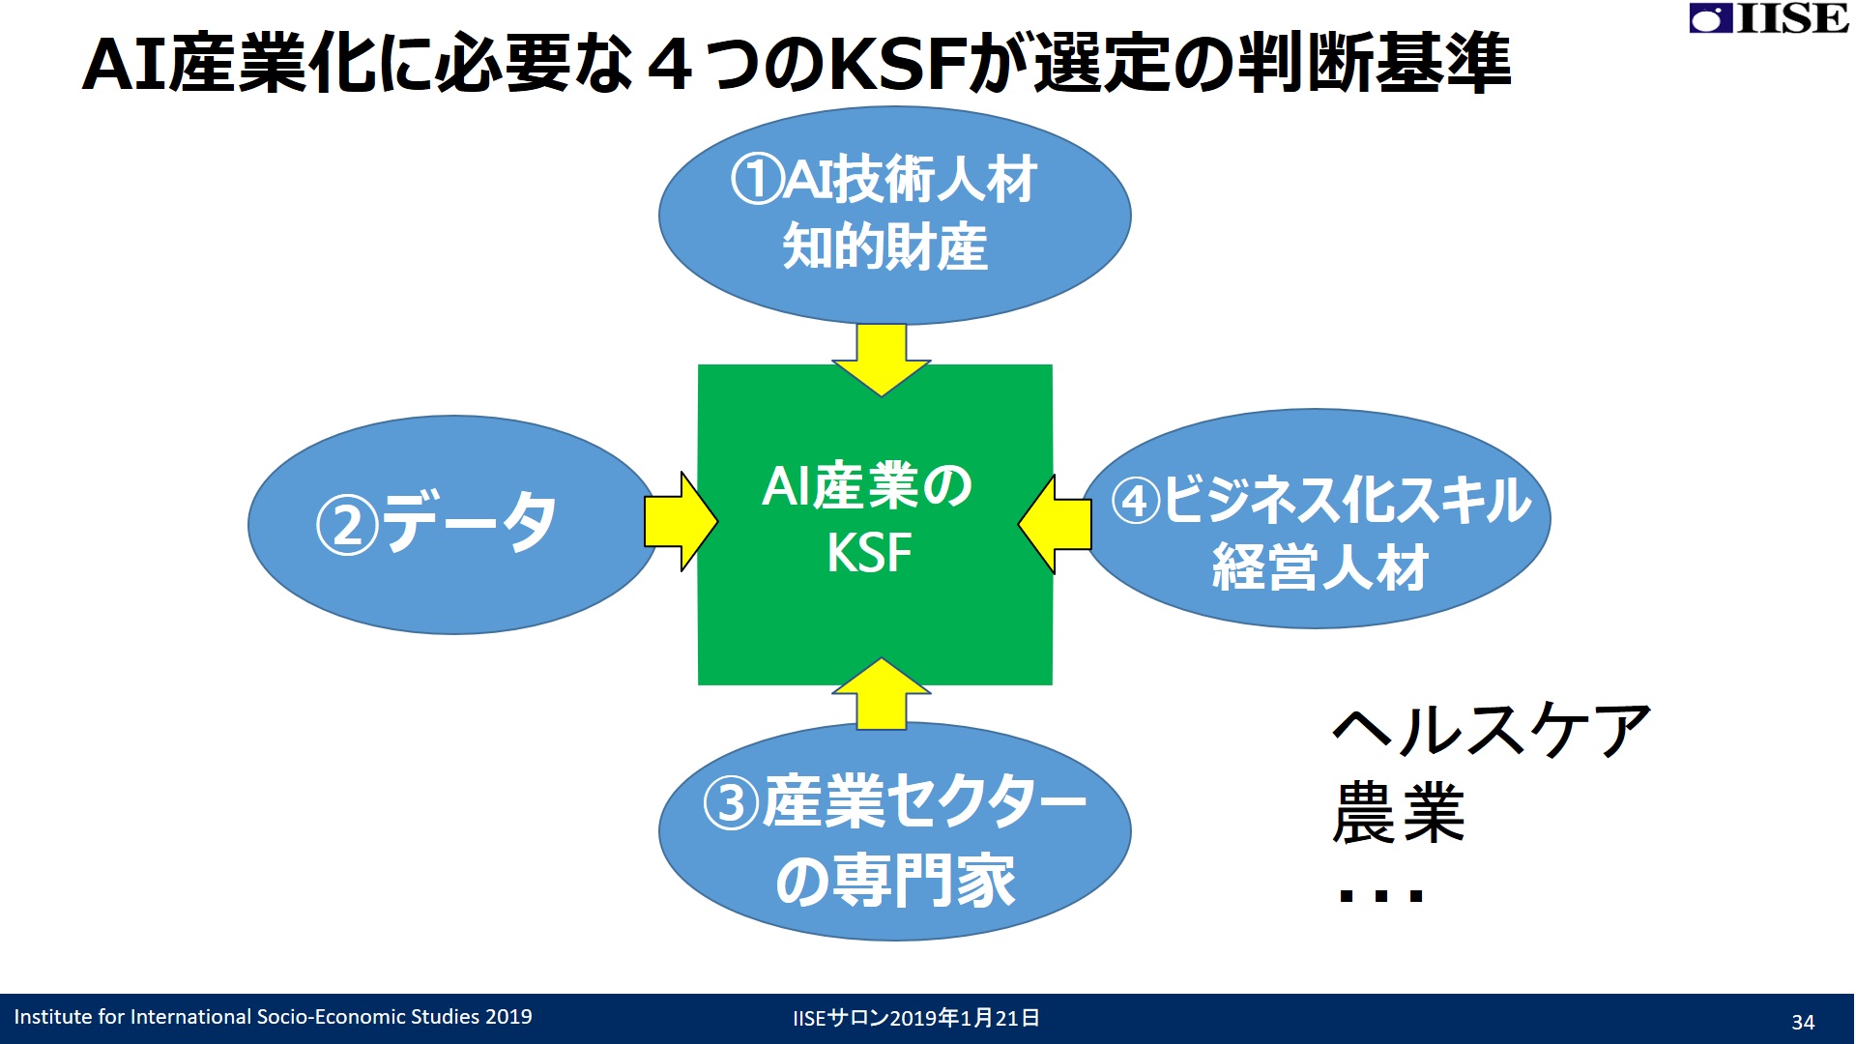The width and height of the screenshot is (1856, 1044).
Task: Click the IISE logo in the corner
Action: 1769,18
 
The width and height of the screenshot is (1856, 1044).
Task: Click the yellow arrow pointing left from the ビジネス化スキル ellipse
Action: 1055,524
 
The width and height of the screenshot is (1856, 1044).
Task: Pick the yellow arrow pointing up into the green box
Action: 882,694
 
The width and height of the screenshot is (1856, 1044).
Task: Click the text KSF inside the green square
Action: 869,553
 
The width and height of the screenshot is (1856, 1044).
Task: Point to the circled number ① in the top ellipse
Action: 756,180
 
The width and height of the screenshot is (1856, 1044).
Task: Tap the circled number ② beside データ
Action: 347,525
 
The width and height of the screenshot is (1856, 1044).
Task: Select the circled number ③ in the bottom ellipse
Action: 732,803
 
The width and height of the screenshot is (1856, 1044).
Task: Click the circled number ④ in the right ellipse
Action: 1136,501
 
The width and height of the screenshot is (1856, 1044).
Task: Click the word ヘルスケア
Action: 1492,730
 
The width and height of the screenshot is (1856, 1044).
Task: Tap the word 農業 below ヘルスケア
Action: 1399,813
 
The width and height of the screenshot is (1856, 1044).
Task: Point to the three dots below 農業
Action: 1381,895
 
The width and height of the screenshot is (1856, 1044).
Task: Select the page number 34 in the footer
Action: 1803,1022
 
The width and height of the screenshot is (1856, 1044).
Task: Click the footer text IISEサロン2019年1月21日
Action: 916,1018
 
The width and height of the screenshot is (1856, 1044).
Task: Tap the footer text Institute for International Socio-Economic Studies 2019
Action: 273,1017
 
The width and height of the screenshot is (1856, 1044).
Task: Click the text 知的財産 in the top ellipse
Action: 884,246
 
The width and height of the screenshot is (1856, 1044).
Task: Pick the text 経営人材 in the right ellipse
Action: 1320,566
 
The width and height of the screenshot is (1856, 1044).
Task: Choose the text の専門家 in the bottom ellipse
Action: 895,881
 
